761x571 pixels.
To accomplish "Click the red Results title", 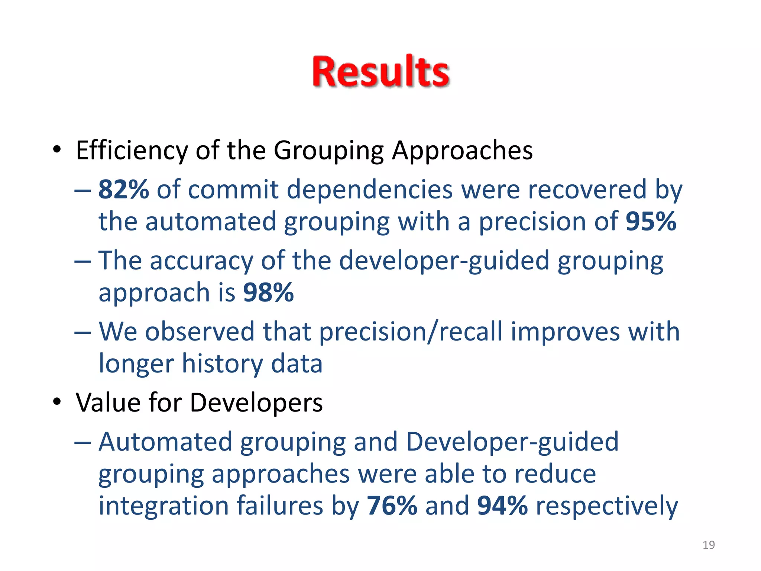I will (380, 71).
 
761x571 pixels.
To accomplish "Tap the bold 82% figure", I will (123, 190).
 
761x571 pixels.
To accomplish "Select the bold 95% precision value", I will (651, 222).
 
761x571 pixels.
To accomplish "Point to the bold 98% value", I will (268, 293).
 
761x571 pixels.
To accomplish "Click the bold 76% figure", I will (392, 506).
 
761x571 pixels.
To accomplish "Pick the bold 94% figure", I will (502, 506).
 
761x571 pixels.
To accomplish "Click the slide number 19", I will (708, 545).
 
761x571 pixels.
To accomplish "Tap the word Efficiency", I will (132, 151).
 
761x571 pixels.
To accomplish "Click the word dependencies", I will (369, 190).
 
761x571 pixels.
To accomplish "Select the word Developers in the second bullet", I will (256, 403).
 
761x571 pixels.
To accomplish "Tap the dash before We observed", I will (82, 332).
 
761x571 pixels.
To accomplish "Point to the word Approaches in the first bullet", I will (462, 151).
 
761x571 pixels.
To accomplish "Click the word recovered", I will (587, 190).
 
